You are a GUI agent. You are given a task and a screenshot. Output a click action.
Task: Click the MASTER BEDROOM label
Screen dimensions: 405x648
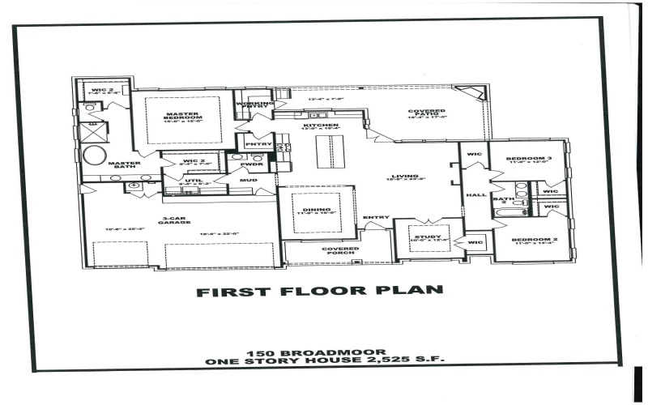click(x=183, y=114)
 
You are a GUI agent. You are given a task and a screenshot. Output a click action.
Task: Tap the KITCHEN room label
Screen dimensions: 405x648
click(x=315, y=126)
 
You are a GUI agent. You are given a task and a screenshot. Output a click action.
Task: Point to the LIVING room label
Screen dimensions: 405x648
click(x=404, y=176)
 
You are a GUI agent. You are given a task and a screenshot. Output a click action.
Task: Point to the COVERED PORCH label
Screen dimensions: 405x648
click(x=339, y=252)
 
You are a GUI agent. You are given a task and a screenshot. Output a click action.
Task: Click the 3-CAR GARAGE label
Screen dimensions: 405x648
click(x=175, y=221)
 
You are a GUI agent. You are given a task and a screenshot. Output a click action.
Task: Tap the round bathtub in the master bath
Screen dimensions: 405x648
click(x=94, y=156)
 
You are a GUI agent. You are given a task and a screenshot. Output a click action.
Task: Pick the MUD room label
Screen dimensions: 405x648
click(x=244, y=181)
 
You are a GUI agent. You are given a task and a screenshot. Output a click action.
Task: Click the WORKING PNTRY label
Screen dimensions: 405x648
click(x=251, y=104)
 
